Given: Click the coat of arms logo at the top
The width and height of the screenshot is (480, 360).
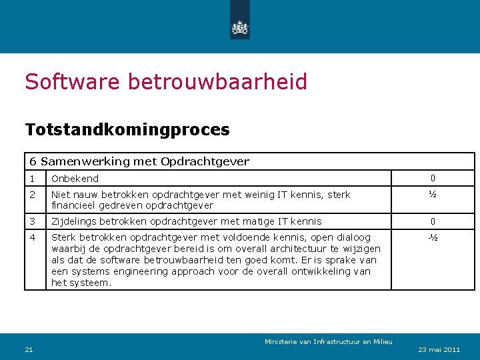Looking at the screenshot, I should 239,27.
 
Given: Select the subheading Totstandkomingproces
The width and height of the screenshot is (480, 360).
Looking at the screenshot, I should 127,129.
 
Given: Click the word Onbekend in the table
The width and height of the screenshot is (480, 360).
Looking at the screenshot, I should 75,179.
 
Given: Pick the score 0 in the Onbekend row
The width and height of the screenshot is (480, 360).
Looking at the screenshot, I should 433,179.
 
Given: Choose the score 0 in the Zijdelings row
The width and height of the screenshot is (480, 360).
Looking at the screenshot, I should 433,221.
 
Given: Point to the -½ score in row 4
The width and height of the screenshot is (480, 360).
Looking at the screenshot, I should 433,237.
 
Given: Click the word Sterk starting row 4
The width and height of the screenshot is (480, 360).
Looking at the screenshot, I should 63,237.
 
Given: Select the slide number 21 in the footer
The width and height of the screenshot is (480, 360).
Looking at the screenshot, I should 29,349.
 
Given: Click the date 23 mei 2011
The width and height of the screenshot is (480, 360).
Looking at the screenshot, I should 439,349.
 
